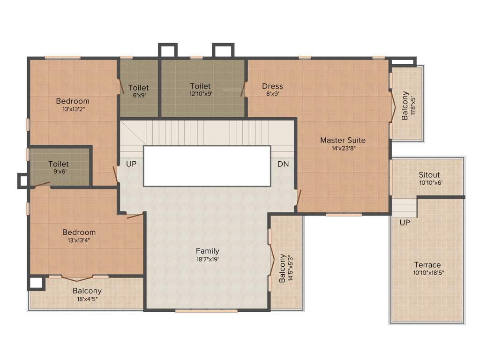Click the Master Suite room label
click(343, 140)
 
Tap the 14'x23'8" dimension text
click(343, 148)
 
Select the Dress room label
click(272, 86)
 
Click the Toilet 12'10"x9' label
click(200, 86)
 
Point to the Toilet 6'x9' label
click(138, 88)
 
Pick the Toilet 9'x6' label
click(59, 165)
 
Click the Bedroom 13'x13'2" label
click(73, 101)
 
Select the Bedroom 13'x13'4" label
click(79, 232)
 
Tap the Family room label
click(208, 251)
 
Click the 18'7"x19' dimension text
click(208, 259)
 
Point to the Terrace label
click(427, 265)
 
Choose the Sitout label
click(429, 175)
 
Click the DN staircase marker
click(283, 164)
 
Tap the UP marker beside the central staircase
click(131, 164)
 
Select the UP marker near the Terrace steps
click(405, 223)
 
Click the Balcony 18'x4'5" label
click(87, 291)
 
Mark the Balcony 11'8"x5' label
click(405, 105)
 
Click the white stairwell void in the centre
click(207, 165)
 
